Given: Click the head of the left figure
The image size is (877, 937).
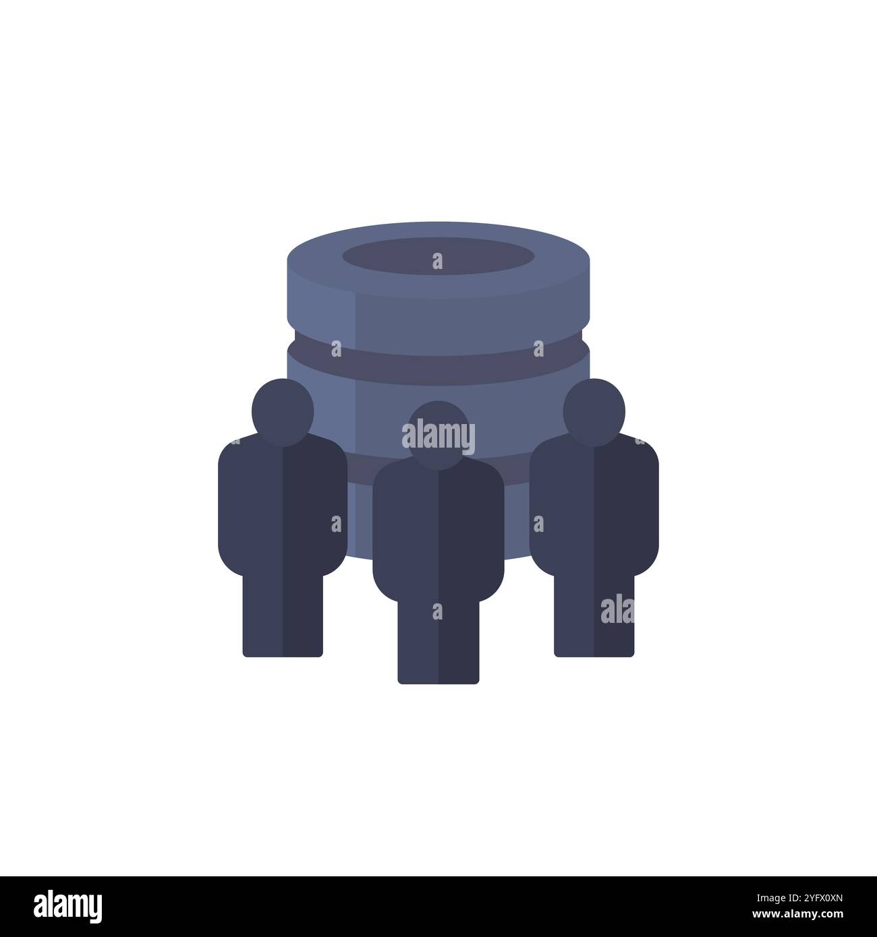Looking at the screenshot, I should pyautogui.click(x=283, y=412).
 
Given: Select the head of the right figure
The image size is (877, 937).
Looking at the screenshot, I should pyautogui.click(x=594, y=412).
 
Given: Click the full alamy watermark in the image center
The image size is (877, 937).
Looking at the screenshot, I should pyautogui.click(x=438, y=437).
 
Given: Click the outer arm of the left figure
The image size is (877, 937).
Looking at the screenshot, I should pyautogui.click(x=230, y=506).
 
